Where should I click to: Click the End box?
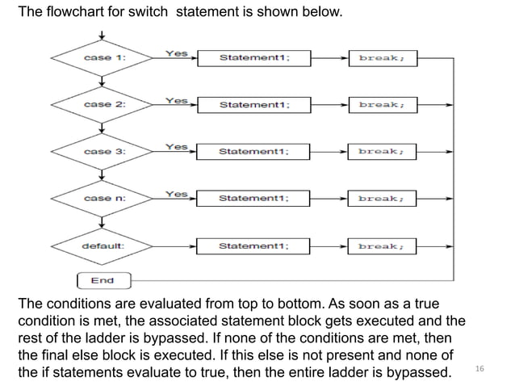coord(103,281)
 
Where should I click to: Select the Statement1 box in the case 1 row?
coord(254,58)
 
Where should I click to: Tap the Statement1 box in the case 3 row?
coord(254,152)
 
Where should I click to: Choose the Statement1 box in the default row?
coord(254,245)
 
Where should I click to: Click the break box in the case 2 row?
coord(383,105)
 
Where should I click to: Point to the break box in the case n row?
coord(383,199)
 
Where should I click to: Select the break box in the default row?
coord(383,245)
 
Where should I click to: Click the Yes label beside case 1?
coord(176,53)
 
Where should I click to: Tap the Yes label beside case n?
coord(176,194)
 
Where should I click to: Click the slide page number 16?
coord(479,368)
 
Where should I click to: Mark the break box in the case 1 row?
coord(383,58)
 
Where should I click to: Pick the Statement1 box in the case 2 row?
coord(254,105)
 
